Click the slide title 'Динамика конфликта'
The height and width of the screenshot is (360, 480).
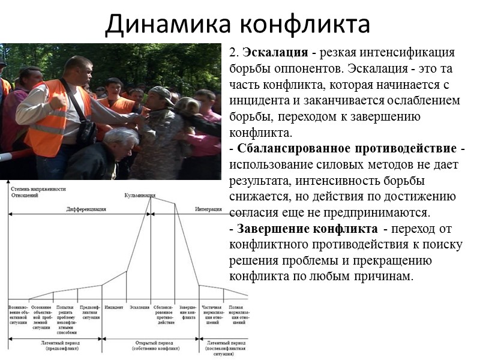[237, 24]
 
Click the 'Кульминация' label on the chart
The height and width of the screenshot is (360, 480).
[140, 196]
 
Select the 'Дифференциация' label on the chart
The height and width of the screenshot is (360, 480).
[86, 209]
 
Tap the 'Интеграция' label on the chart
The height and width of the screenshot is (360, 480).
[209, 209]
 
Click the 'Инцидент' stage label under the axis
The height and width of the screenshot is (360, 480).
[114, 307]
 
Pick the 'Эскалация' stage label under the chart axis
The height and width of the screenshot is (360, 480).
[139, 307]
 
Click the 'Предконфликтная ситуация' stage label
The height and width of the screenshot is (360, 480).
[90, 312]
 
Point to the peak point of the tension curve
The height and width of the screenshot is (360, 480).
[149, 199]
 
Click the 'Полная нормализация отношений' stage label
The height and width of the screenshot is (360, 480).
[236, 314]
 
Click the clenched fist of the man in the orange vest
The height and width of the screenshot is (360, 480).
[57, 101]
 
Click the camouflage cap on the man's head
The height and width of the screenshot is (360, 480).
[161, 92]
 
